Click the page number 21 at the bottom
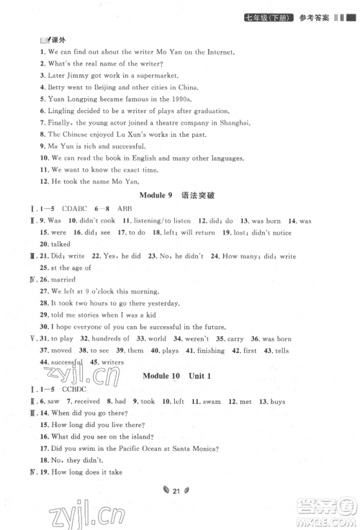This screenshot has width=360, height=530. (180, 511)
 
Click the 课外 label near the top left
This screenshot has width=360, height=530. (36, 40)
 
